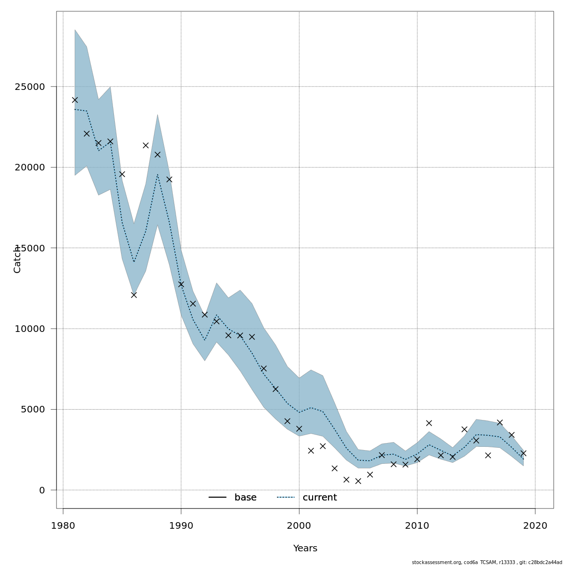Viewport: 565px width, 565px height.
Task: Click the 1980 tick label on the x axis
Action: coord(63,525)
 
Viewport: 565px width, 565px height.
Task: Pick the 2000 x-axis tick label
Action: coord(299,525)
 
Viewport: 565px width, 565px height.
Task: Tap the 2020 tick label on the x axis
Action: coord(535,525)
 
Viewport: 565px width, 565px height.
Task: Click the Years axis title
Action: coord(305,549)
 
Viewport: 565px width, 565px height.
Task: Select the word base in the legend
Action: coord(245,498)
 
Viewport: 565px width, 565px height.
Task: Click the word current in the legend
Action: coord(320,498)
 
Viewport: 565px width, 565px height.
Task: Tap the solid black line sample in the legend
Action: coord(218,498)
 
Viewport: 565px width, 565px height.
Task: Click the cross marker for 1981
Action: coord(75,100)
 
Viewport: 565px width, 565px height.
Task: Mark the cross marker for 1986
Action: coord(134,295)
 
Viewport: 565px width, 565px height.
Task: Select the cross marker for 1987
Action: coord(145,145)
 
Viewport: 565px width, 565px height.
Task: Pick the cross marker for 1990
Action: coord(181,284)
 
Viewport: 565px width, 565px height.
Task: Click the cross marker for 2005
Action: coord(358,481)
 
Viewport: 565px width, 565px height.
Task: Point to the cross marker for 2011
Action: coord(429,423)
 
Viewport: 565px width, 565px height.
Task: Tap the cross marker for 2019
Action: coord(523,453)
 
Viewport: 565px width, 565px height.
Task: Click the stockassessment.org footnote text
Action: coord(487,562)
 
